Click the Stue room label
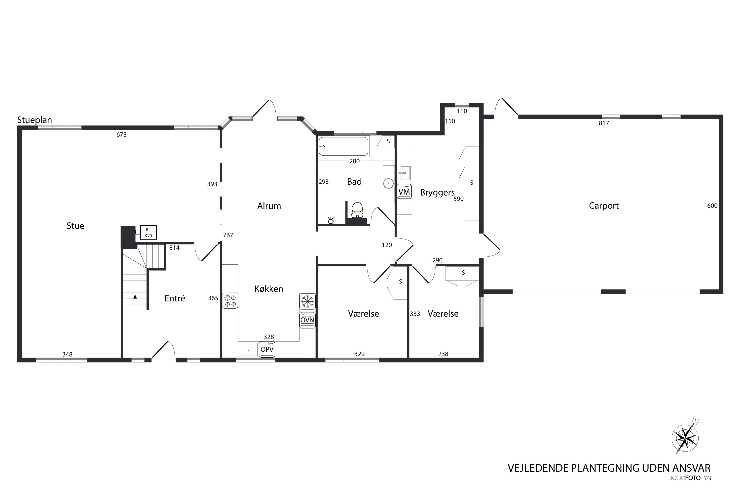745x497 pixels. tap(75, 226)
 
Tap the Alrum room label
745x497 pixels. tap(269, 206)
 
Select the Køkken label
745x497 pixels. tap(269, 289)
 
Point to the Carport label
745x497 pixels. tap(604, 206)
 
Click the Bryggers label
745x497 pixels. tap(437, 193)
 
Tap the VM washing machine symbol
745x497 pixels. tap(404, 191)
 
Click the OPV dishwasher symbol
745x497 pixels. tap(267, 349)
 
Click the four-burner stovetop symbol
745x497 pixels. tap(230, 301)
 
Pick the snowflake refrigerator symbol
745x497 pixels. tap(307, 301)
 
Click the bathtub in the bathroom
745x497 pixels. tap(343, 146)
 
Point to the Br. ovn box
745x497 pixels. tap(148, 232)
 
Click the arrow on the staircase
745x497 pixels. tap(135, 302)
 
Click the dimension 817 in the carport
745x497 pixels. tap(604, 123)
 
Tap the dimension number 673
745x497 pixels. tap(121, 135)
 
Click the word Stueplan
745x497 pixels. tap(35, 120)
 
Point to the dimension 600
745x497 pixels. tap(712, 206)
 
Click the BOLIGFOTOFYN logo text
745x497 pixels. tap(690, 478)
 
